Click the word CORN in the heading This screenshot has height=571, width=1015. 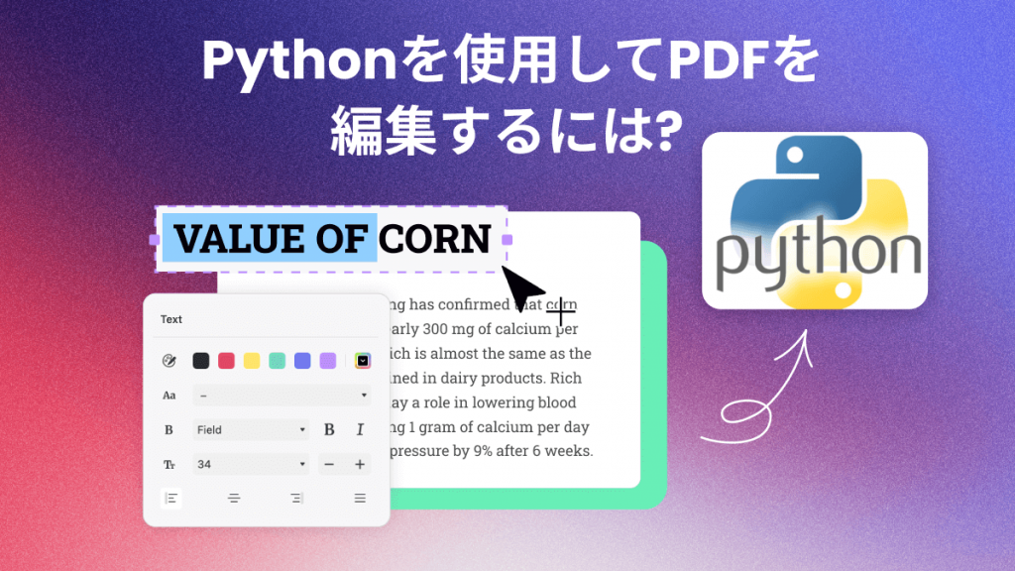(x=435, y=239)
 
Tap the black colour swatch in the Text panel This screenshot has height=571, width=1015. (x=200, y=361)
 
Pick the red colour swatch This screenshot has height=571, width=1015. (x=226, y=361)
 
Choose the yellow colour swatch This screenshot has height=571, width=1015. (x=252, y=361)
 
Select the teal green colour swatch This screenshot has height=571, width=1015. (x=278, y=361)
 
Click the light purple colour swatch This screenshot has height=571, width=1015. (x=328, y=361)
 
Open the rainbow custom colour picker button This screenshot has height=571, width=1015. (x=363, y=361)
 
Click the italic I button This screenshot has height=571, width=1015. (x=360, y=430)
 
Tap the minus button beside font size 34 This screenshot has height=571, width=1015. (x=329, y=464)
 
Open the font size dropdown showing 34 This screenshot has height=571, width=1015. (x=251, y=464)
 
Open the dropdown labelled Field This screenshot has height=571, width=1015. (x=251, y=430)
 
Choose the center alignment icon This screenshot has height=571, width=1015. (x=234, y=498)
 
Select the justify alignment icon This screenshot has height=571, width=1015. (x=360, y=498)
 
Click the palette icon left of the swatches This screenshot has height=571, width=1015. (x=169, y=361)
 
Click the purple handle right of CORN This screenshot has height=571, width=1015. (x=507, y=240)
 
